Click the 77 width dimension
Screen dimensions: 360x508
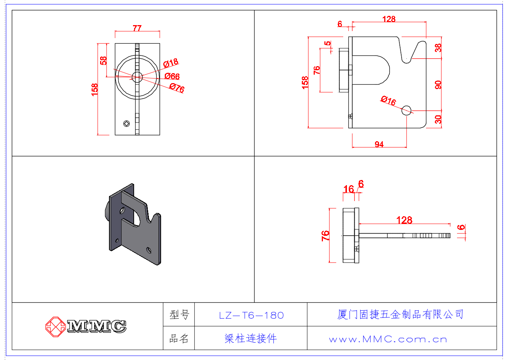[137, 28]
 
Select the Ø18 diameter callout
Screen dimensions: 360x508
[171, 63]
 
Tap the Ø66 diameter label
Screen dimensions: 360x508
[172, 76]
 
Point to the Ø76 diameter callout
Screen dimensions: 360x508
[177, 88]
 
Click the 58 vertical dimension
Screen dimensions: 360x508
[103, 60]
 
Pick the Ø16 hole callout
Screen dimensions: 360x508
[388, 100]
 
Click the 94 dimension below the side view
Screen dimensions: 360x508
[379, 144]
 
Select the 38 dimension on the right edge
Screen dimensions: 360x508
[438, 48]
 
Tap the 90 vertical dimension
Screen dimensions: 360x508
[438, 85]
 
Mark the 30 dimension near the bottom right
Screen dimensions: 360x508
[438, 119]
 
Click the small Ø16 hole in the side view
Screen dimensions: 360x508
[406, 110]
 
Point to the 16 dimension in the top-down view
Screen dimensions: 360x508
[348, 189]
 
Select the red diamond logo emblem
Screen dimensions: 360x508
[55, 326]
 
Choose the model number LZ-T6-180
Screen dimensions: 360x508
[251, 315]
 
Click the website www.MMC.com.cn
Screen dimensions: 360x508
[388, 339]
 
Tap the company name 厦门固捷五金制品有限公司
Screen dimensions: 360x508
[400, 315]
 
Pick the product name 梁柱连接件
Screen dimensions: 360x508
[251, 338]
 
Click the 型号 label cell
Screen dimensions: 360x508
[179, 315]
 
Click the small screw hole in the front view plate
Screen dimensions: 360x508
[126, 123]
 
